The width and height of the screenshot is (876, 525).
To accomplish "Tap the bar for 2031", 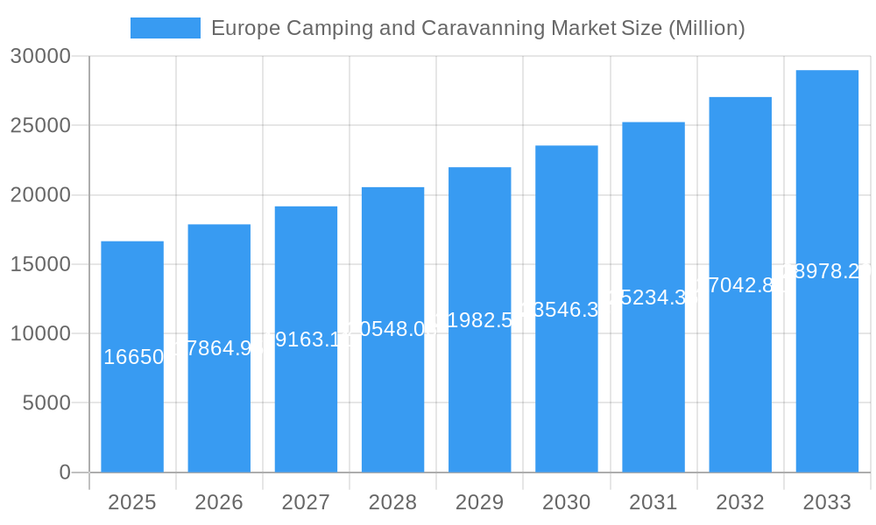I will pos(653,385).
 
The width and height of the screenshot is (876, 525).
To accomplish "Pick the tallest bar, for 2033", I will pos(827,367).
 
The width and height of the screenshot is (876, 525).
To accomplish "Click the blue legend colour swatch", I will pos(165,28).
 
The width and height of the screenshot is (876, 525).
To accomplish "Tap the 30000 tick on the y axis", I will pos(40,56).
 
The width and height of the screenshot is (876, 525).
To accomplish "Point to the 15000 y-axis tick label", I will pos(40,264).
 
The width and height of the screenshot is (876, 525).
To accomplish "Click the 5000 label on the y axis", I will pos(46,402).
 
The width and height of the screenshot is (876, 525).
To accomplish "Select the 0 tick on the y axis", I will pos(65,472).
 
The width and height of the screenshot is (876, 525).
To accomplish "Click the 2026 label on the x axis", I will pos(219,502).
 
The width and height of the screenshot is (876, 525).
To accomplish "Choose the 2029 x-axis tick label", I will pos(479,502).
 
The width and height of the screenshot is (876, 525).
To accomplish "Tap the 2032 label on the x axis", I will pos(740,502).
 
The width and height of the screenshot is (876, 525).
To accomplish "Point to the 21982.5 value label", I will pos(480,320).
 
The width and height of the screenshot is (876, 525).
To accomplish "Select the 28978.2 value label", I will pos(827,271).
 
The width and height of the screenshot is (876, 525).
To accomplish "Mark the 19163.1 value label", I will pos(307,339).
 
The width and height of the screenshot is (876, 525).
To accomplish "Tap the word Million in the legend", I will pos(705,28).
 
